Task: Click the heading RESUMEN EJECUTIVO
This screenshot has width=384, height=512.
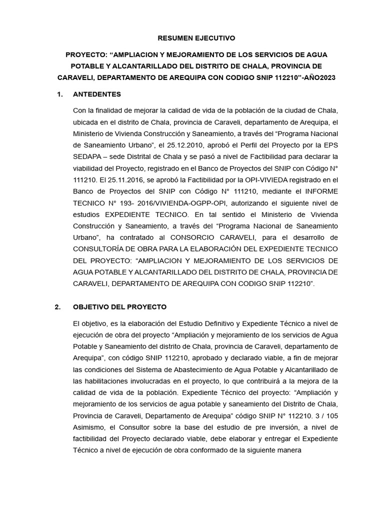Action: point(196,37)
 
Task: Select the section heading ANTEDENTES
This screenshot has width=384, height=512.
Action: point(97,94)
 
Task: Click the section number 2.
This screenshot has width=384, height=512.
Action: point(58,306)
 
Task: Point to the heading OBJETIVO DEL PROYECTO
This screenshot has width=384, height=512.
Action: point(120,306)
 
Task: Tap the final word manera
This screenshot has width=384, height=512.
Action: point(287,450)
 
